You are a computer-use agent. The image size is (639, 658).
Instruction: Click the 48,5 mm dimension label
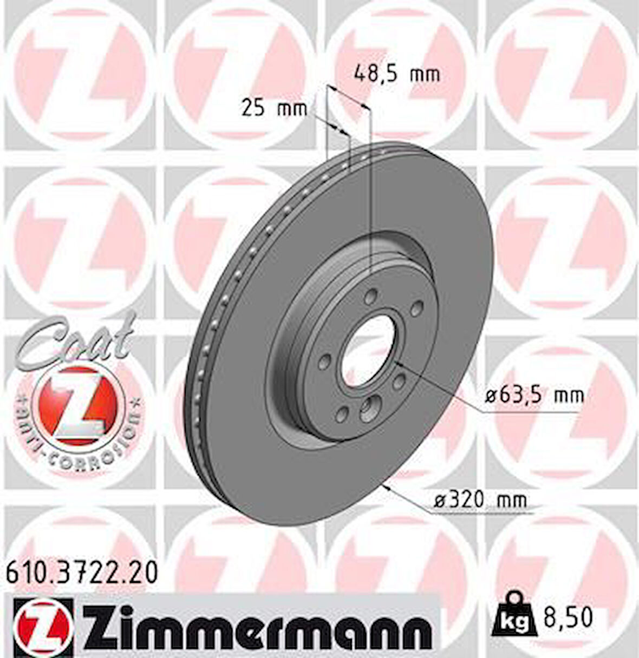pos(396,73)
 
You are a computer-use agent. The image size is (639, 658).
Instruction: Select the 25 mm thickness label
pos(273,109)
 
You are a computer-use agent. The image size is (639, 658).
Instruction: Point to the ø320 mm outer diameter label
pos(480,500)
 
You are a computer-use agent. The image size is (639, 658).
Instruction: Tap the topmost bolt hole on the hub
pos(371,296)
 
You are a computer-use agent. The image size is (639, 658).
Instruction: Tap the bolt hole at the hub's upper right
pos(416,309)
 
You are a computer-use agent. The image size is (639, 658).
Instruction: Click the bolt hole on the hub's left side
pos(325,363)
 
